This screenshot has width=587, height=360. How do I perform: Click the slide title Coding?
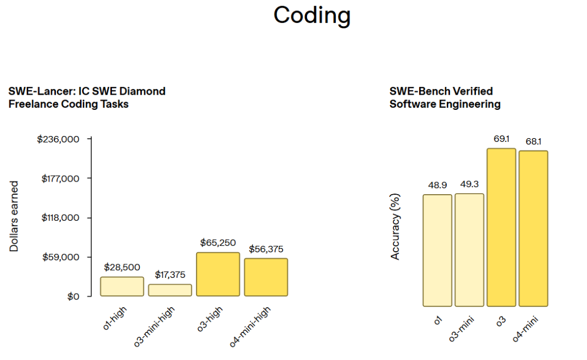click(312, 16)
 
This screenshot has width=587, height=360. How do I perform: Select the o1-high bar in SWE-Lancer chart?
click(122, 287)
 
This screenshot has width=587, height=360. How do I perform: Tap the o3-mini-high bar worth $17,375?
click(170, 290)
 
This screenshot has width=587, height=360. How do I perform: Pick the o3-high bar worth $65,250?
click(218, 274)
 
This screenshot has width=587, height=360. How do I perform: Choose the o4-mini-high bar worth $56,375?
click(266, 277)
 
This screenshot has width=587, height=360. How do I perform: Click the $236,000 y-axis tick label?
click(58, 139)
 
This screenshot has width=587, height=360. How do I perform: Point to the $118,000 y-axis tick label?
click(60, 218)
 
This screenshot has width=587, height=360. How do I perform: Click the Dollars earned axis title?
click(14, 216)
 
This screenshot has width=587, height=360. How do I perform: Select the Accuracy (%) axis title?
click(395, 227)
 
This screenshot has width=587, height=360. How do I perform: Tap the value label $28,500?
click(122, 267)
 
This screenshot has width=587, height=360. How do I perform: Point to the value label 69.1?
click(501, 139)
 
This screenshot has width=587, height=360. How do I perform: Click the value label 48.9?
click(437, 185)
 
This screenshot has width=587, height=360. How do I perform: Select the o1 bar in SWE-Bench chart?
click(438, 250)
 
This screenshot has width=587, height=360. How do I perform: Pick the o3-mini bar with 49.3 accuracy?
click(469, 250)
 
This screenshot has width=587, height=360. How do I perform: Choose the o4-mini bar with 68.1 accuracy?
click(533, 228)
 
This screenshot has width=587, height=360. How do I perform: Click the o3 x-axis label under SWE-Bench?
click(501, 321)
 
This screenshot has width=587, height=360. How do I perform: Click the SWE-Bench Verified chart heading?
click(445, 97)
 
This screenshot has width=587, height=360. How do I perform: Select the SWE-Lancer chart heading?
click(87, 97)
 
